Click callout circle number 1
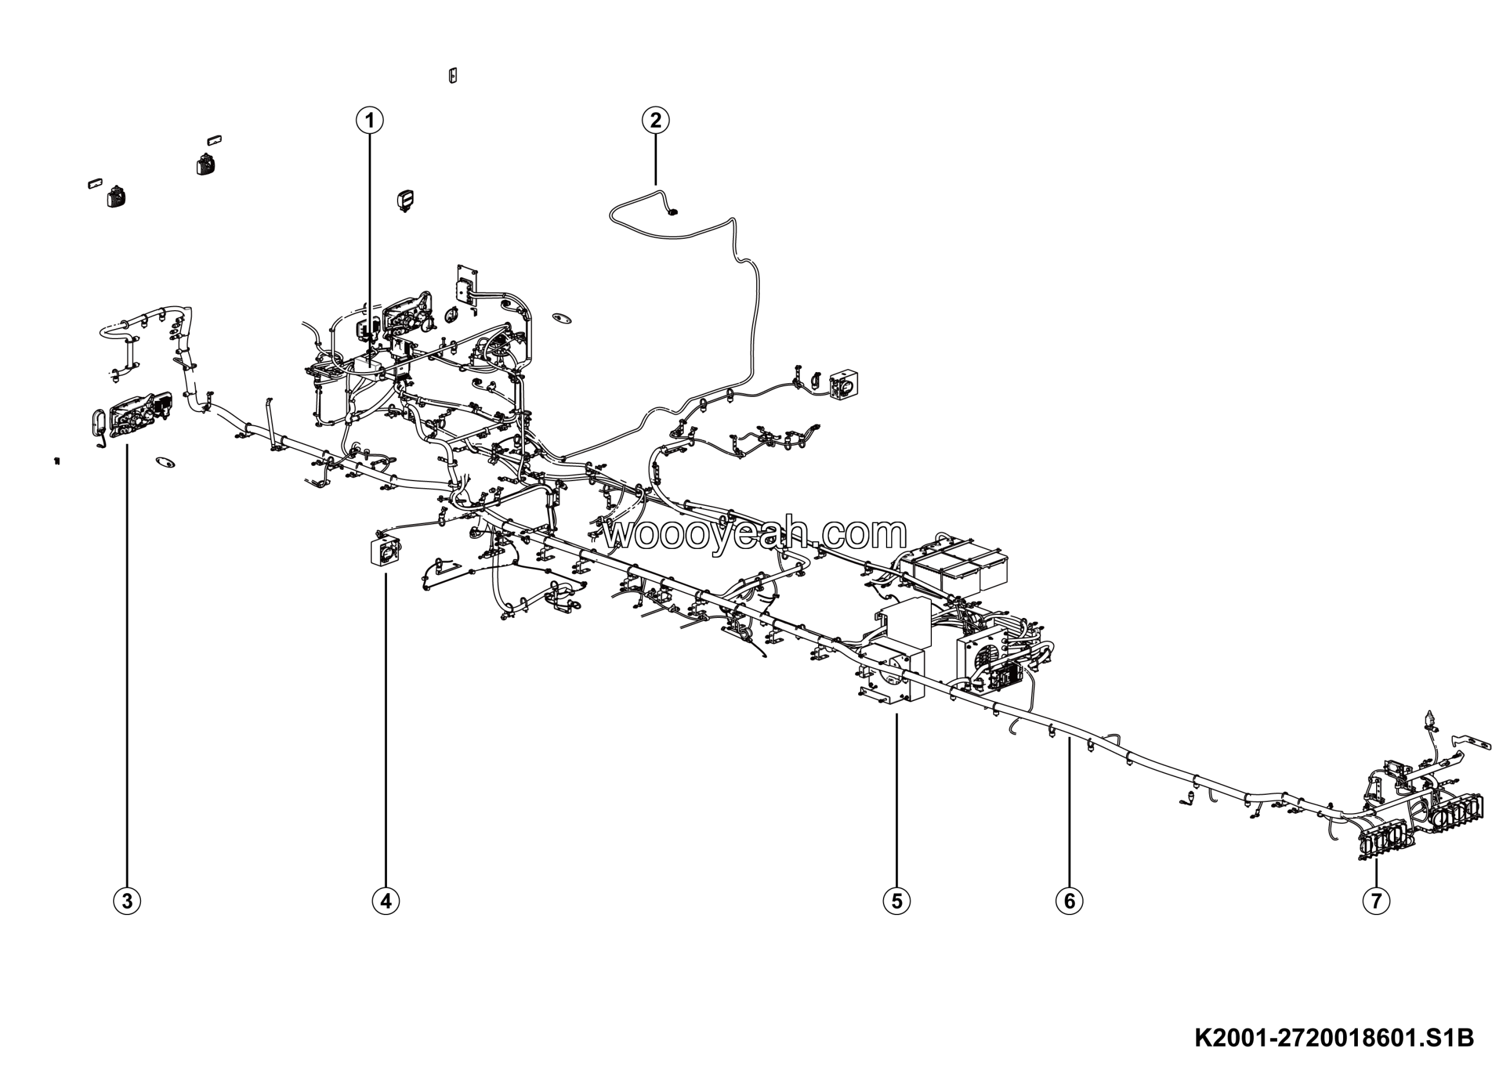[x=370, y=120]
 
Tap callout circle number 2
[x=655, y=120]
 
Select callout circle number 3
[x=127, y=900]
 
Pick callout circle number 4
[x=385, y=900]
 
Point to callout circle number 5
[x=897, y=900]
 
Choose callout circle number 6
[x=1069, y=900]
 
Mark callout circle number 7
[x=1377, y=900]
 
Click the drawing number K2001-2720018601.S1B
[x=1334, y=1039]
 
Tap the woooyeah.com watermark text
[x=756, y=534]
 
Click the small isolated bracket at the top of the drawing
[x=452, y=75]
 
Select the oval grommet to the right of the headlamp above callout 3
[x=165, y=462]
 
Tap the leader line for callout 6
[x=1069, y=815]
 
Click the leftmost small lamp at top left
[x=116, y=196]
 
